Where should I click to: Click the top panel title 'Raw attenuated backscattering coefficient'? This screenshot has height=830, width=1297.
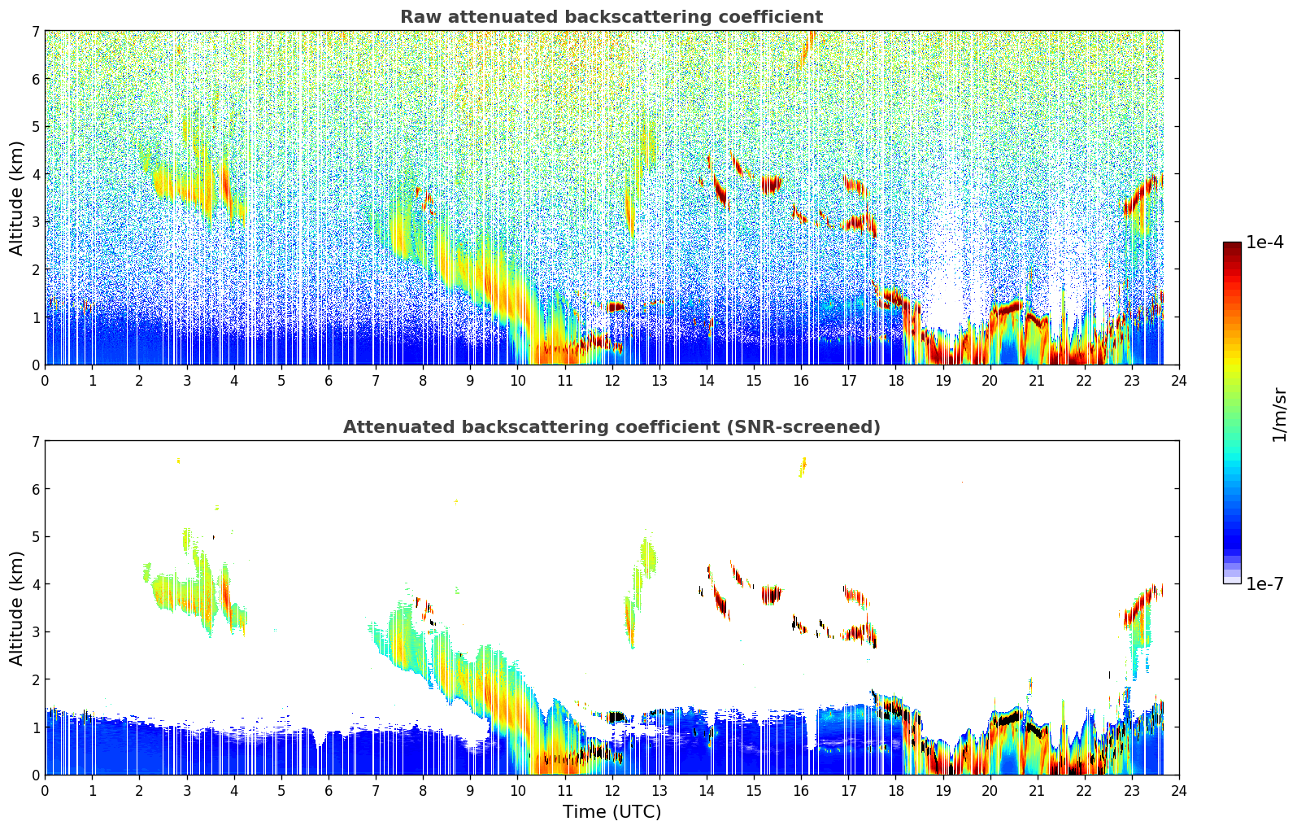pos(611,17)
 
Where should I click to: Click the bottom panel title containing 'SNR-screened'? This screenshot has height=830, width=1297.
pos(611,427)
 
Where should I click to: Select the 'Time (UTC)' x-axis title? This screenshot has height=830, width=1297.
pos(612,812)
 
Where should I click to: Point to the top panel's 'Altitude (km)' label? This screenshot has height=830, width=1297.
pos(17,198)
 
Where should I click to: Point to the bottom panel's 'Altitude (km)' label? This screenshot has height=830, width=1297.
pos(17,608)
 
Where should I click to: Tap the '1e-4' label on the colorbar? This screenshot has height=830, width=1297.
pos(1264,242)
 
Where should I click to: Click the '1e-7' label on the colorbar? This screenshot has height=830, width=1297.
pos(1264,583)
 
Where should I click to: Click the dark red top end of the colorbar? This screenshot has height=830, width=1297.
pos(1232,246)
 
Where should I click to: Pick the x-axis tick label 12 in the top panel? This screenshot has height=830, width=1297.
pos(612,381)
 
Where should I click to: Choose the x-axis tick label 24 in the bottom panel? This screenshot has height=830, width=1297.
pos(1178,791)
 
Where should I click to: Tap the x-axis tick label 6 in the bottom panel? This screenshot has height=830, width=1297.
pos(329,791)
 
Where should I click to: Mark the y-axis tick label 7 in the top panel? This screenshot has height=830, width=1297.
pos(35,32)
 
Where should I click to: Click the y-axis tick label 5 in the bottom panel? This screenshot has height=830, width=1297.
pos(35,537)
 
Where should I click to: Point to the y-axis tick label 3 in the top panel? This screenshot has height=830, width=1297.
pos(35,222)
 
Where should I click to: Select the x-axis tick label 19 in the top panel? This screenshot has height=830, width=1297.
pos(942,381)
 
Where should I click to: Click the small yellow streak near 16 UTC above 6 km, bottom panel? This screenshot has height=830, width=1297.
pos(803,466)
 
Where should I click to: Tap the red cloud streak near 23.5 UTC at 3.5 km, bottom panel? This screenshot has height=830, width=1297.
pos(1142,605)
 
